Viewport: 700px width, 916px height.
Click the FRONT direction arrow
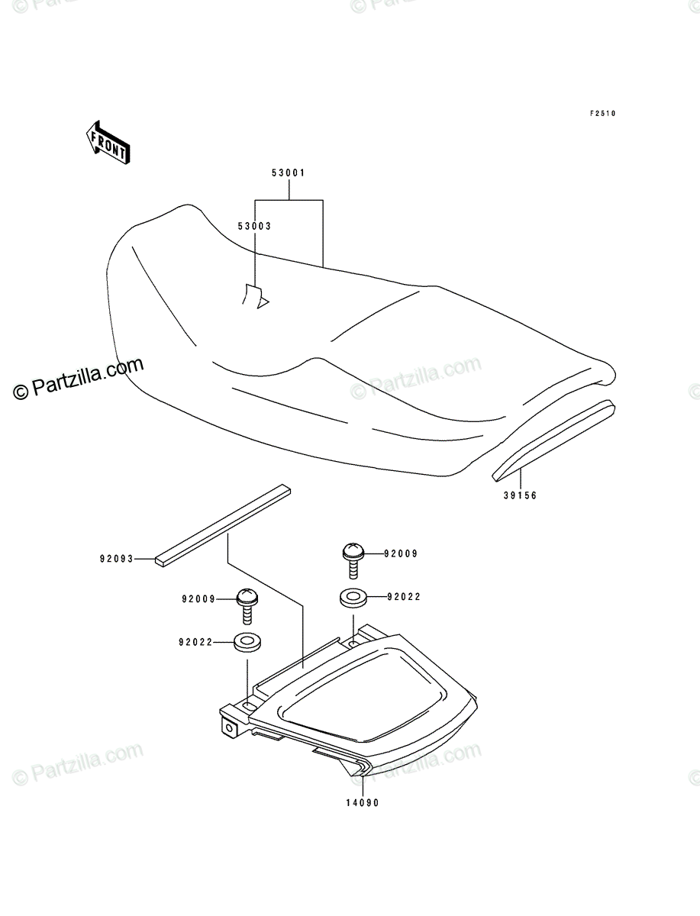tap(108, 142)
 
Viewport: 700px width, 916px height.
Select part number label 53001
tap(289, 173)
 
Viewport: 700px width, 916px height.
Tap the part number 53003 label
tap(254, 226)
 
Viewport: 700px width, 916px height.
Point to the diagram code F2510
tap(603, 114)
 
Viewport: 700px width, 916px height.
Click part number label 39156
tap(520, 495)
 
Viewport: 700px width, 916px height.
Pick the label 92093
tap(116, 559)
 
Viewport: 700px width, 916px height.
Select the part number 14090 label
tap(363, 803)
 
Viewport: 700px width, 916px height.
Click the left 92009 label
tap(198, 599)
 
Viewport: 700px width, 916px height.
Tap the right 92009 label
tap(401, 553)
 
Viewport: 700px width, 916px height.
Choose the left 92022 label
tap(195, 642)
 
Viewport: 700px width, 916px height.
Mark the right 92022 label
tap(404, 597)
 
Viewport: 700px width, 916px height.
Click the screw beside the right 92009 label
tap(353, 560)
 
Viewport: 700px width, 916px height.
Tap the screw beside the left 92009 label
tap(247, 606)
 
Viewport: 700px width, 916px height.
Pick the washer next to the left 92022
tap(247, 642)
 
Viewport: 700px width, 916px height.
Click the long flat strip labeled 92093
tap(223, 525)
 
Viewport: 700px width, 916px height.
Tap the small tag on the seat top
tap(255, 297)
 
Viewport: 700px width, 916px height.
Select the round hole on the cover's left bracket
tap(229, 728)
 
